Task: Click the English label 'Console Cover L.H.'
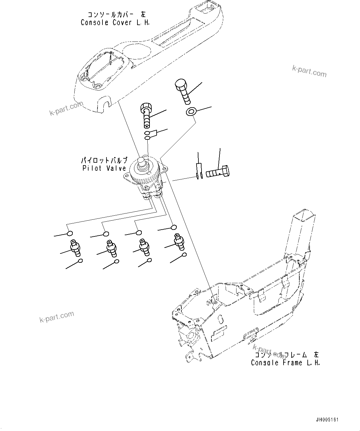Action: pyautogui.click(x=115, y=23)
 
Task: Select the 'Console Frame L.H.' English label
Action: pyautogui.click(x=285, y=363)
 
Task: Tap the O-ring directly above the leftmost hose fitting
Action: pyautogui.click(x=70, y=233)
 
